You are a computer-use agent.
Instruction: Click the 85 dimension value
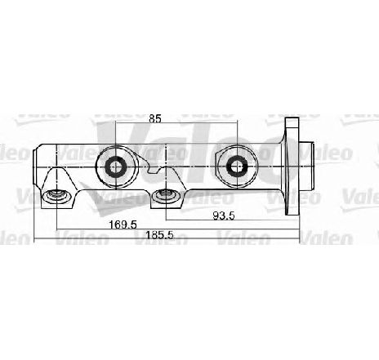tap(155, 118)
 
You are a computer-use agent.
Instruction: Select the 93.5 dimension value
tap(224, 216)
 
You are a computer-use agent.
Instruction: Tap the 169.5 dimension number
tap(123, 225)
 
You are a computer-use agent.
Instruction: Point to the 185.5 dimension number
tap(159, 235)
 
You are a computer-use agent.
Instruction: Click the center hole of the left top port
tap(116, 167)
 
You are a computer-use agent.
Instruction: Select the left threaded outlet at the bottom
tap(56, 195)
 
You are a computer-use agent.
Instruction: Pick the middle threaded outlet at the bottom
tap(166, 194)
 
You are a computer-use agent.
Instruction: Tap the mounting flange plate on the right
tap(292, 167)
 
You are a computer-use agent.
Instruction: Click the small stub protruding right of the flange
tap(307, 167)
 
